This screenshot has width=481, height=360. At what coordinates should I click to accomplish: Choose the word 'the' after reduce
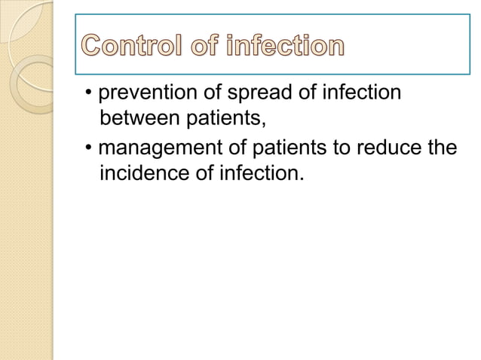pyautogui.click(x=442, y=147)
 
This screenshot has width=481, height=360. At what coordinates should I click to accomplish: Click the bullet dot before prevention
pyautogui.click(x=89, y=96)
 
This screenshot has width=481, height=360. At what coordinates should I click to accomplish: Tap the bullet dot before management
pyautogui.click(x=89, y=148)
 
